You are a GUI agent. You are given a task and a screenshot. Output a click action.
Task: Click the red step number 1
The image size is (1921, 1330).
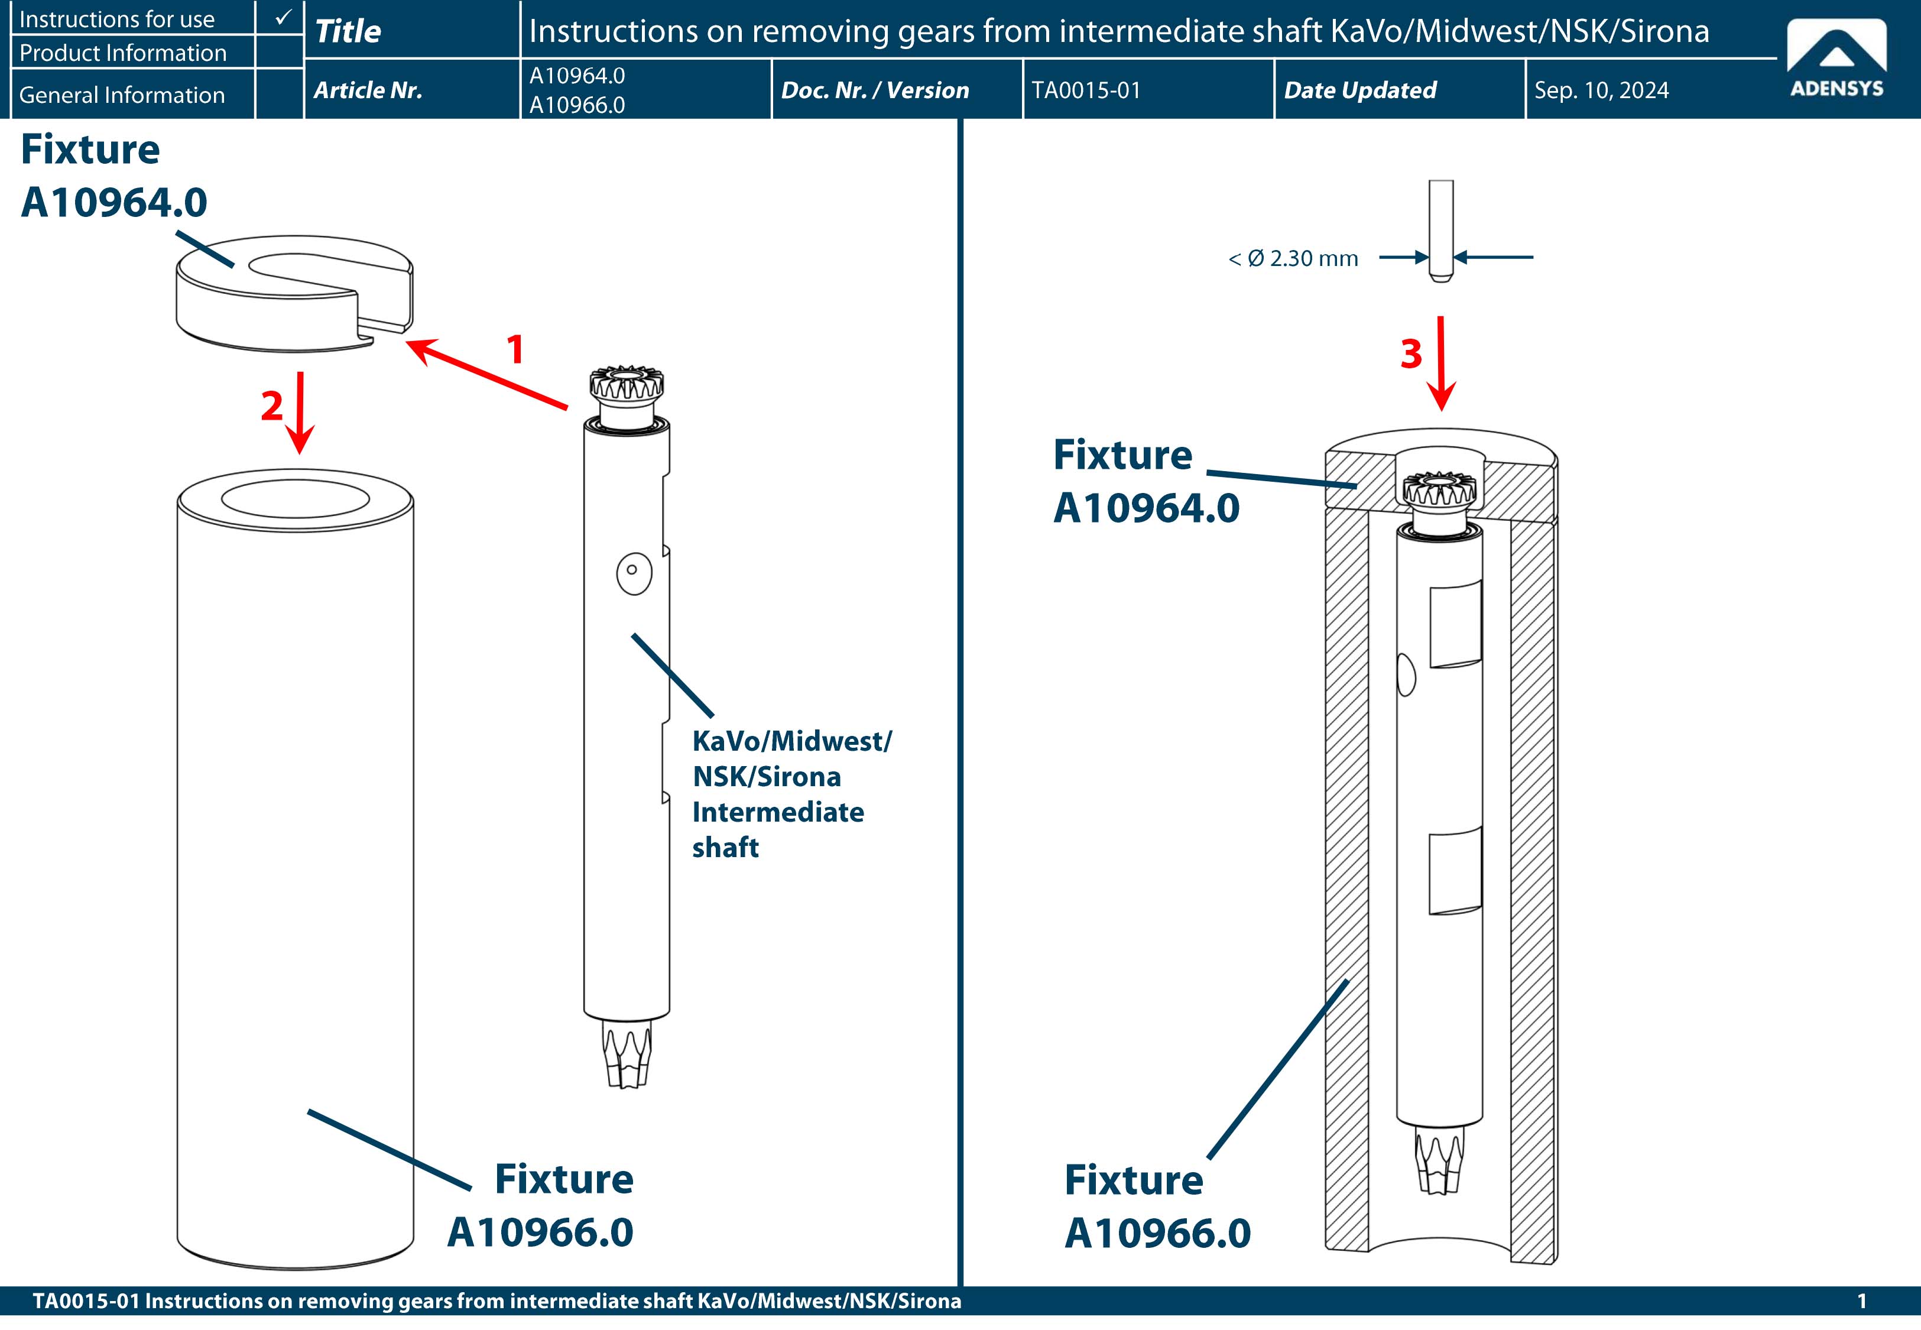click(x=515, y=349)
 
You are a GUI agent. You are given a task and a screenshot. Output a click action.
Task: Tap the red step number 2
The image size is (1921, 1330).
click(x=271, y=406)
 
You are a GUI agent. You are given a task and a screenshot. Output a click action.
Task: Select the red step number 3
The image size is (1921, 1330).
click(x=1410, y=354)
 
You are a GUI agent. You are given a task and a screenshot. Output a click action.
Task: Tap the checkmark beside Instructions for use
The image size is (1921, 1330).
click(x=283, y=17)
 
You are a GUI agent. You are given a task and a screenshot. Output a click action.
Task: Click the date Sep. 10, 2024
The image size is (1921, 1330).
click(x=1601, y=90)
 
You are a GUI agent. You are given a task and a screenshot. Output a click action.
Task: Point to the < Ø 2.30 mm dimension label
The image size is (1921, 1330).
click(x=1293, y=258)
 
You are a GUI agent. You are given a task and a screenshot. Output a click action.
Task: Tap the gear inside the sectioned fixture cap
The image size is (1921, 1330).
click(x=1439, y=492)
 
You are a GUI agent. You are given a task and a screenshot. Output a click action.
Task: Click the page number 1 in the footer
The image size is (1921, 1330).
click(x=1861, y=1302)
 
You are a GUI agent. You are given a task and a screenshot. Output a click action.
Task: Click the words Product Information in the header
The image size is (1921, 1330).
click(x=122, y=53)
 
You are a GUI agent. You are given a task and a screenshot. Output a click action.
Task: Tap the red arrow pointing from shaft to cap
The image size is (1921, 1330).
click(x=486, y=375)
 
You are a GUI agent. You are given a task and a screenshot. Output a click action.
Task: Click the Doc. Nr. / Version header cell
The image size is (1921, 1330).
click(x=875, y=90)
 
